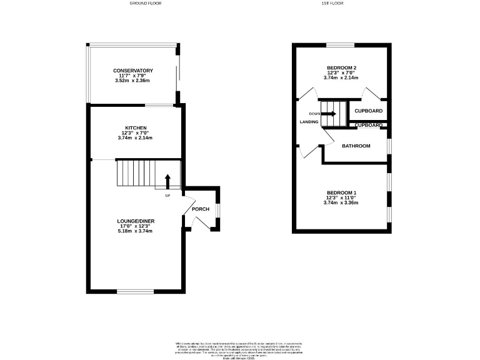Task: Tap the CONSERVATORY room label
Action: tap(132, 71)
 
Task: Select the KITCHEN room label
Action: tap(136, 127)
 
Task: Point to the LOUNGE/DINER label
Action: tap(136, 221)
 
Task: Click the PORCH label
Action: tap(200, 209)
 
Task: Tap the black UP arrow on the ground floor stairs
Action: tap(167, 181)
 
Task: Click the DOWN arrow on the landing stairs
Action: tap(331, 114)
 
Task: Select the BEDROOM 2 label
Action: tap(342, 67)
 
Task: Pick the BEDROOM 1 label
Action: tap(341, 192)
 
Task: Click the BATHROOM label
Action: tap(356, 146)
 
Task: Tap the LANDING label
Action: tap(309, 122)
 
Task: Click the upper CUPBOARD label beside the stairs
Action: tap(368, 111)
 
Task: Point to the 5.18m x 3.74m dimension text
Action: tap(135, 231)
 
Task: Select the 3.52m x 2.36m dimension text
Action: tap(132, 81)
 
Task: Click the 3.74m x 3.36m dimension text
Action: tap(341, 203)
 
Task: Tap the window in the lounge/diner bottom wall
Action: tap(135, 291)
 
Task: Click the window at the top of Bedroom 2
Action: tap(341, 44)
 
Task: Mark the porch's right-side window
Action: tap(217, 210)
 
